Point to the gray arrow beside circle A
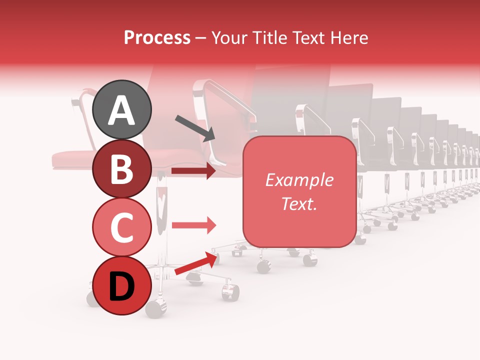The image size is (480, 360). tap(195, 127)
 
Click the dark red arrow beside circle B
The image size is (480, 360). tap(193, 171)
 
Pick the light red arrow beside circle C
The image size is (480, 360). tap(193, 225)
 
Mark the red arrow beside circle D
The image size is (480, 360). tap(196, 263)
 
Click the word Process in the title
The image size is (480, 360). tap(157, 37)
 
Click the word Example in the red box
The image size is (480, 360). tap(299, 180)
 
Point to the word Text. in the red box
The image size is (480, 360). tap(299, 203)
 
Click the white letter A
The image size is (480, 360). tap(122, 110)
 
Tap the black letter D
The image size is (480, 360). tap(122, 287)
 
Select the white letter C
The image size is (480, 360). tap(122, 228)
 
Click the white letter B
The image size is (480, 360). tap(122, 169)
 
